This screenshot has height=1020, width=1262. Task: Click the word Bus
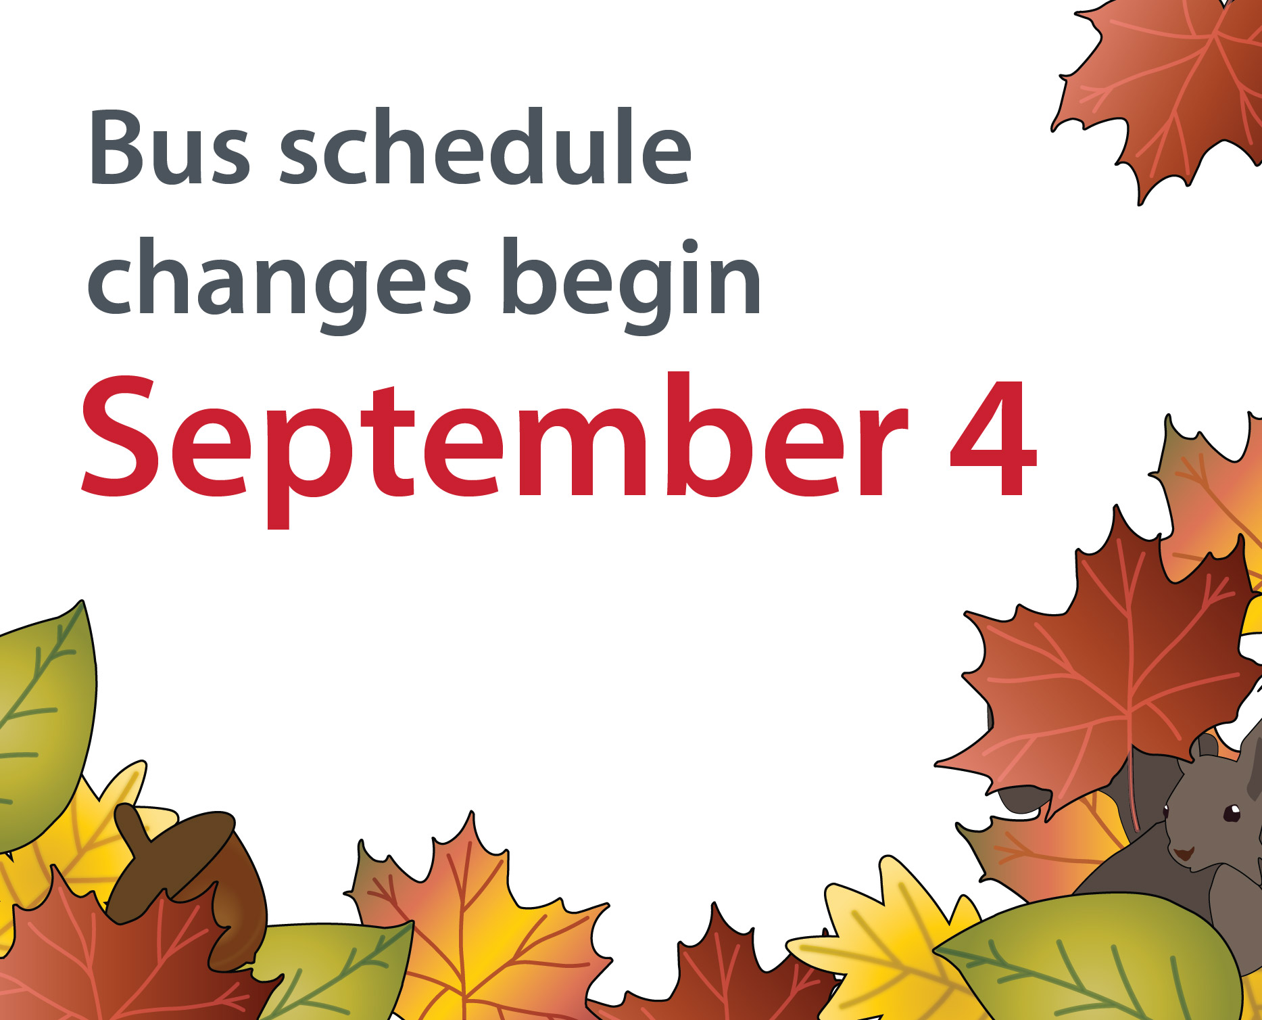170,147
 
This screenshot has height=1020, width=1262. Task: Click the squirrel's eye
1232,811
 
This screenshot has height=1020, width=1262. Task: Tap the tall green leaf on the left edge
44,727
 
